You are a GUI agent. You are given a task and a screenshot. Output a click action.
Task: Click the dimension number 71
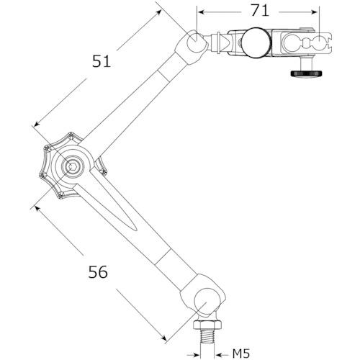pos(260,11)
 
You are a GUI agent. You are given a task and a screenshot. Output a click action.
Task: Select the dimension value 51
pos(102,61)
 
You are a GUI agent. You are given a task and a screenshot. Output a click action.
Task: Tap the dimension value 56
pos(98,272)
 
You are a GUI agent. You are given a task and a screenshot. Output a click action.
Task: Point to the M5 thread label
pos(241,354)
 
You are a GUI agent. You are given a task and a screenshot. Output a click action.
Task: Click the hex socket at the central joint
pos(72,166)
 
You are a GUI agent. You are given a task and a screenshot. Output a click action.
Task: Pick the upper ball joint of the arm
pos(196,41)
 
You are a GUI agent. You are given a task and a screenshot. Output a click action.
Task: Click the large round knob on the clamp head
pos(256,42)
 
